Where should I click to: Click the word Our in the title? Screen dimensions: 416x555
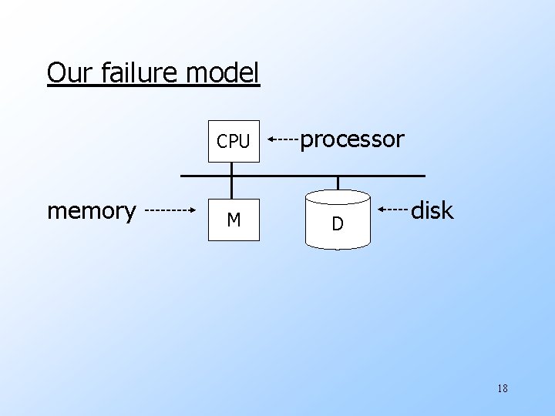(x=68, y=73)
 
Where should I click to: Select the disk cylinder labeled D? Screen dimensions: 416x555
(x=338, y=219)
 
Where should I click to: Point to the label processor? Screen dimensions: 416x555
(x=351, y=139)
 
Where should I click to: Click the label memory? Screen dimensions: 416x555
(x=92, y=210)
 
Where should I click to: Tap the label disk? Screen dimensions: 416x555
(x=432, y=210)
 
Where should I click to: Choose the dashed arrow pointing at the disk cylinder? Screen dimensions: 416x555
(x=392, y=209)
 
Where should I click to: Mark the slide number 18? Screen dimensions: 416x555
(x=503, y=388)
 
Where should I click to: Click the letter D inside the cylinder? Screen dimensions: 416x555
(x=337, y=224)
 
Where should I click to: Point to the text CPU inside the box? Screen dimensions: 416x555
(x=234, y=142)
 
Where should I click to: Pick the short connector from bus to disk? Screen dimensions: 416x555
(x=338, y=183)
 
